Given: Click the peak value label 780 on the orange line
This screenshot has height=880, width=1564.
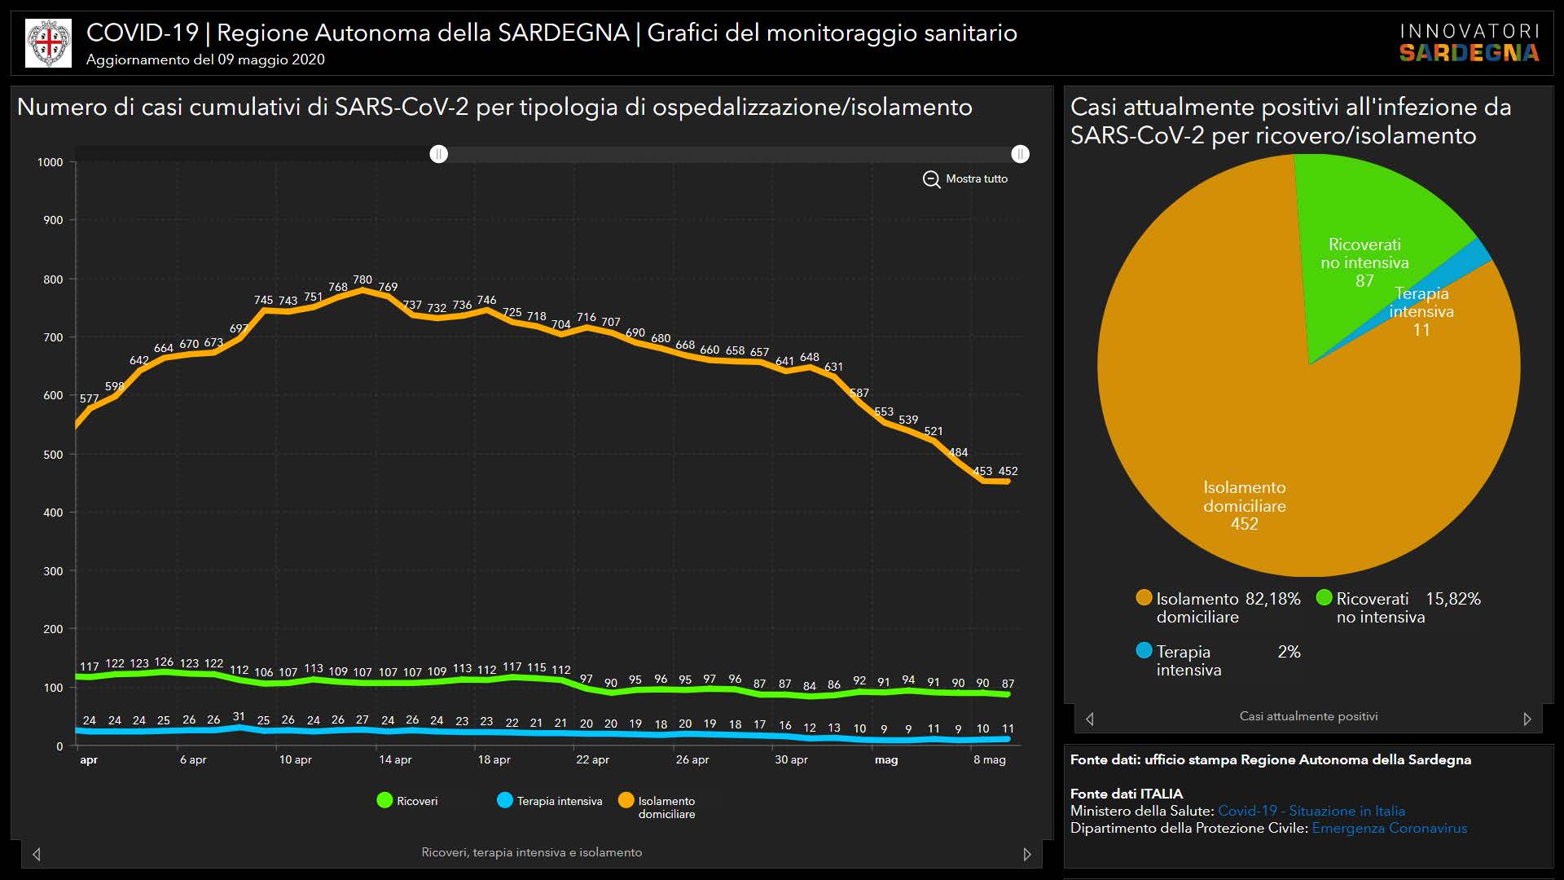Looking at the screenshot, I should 362,279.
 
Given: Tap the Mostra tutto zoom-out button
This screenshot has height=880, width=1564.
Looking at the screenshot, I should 965,178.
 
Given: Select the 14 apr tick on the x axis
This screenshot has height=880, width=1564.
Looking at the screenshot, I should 395,759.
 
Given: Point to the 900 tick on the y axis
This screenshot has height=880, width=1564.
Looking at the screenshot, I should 53,220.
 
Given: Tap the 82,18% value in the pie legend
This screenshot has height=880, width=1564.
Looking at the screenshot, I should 1273,599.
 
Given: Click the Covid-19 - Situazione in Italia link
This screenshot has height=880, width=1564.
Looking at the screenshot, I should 1311,811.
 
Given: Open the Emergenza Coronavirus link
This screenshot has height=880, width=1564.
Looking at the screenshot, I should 1389,828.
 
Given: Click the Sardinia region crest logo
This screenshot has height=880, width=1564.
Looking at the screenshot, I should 49,43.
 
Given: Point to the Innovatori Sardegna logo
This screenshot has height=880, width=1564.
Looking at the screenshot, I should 1470,43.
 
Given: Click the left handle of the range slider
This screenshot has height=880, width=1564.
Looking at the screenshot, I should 439,154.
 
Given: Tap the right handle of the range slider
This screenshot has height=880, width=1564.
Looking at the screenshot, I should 1020,154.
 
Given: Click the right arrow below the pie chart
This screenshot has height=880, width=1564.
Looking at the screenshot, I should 1527,719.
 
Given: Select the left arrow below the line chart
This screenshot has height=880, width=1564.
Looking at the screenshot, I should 37,854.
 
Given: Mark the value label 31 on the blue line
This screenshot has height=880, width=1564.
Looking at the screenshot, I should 239,717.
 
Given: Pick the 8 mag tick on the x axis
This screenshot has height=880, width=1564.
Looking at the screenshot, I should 989,759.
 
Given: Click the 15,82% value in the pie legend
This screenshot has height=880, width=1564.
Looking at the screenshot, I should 1453,599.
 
